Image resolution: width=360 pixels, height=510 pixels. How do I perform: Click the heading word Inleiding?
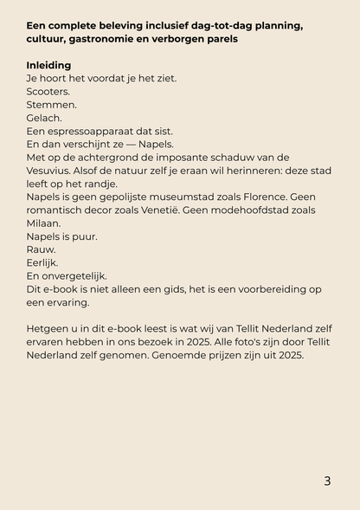click(49, 65)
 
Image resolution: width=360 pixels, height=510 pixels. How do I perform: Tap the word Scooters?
click(48, 91)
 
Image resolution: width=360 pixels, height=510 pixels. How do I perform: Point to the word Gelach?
click(44, 118)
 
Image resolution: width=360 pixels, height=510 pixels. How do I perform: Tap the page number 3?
click(327, 481)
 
